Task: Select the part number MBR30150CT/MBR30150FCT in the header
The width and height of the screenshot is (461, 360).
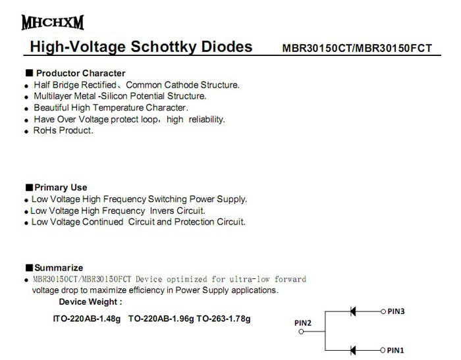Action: coord(357,49)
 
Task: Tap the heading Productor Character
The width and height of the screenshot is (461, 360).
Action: coord(80,73)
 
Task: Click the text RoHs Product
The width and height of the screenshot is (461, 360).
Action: coord(63,130)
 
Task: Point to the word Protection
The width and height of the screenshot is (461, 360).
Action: coord(209,222)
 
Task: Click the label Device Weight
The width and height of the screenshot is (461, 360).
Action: coord(90,301)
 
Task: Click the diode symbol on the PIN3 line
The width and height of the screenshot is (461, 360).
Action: coord(354,311)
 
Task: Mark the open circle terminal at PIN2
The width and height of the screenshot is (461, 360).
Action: coord(302,332)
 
